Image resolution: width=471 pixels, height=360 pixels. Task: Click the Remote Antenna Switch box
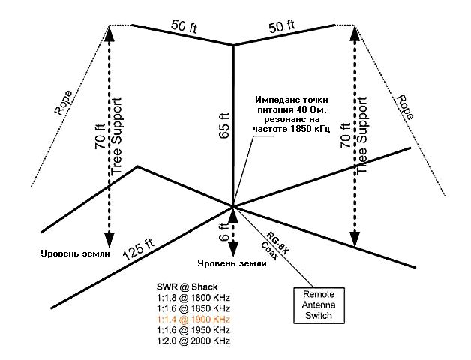click(x=319, y=305)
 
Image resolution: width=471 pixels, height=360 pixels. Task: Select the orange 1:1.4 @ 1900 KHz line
click(x=193, y=319)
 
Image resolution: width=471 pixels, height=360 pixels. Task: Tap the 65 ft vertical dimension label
click(x=225, y=125)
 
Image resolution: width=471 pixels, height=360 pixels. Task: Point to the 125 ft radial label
click(x=139, y=249)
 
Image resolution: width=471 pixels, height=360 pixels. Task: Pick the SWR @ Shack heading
click(x=187, y=286)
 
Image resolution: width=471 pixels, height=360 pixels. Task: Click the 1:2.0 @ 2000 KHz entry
click(x=193, y=340)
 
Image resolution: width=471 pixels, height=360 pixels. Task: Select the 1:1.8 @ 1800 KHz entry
click(x=193, y=298)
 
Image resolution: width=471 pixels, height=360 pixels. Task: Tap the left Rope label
click(x=63, y=103)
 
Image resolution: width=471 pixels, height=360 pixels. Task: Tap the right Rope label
click(x=406, y=107)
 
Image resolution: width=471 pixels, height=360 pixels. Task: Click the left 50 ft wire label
click(x=184, y=26)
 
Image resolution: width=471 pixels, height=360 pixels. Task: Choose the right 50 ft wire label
click(x=282, y=26)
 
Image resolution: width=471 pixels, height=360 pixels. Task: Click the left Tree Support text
click(x=116, y=136)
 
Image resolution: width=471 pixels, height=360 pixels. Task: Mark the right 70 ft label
click(x=346, y=136)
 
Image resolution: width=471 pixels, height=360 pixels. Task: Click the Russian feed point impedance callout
click(x=292, y=115)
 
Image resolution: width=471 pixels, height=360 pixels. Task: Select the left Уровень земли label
click(x=76, y=253)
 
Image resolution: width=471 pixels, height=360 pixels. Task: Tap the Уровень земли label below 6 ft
click(x=232, y=263)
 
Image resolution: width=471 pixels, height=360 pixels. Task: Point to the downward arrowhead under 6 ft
click(x=233, y=249)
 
